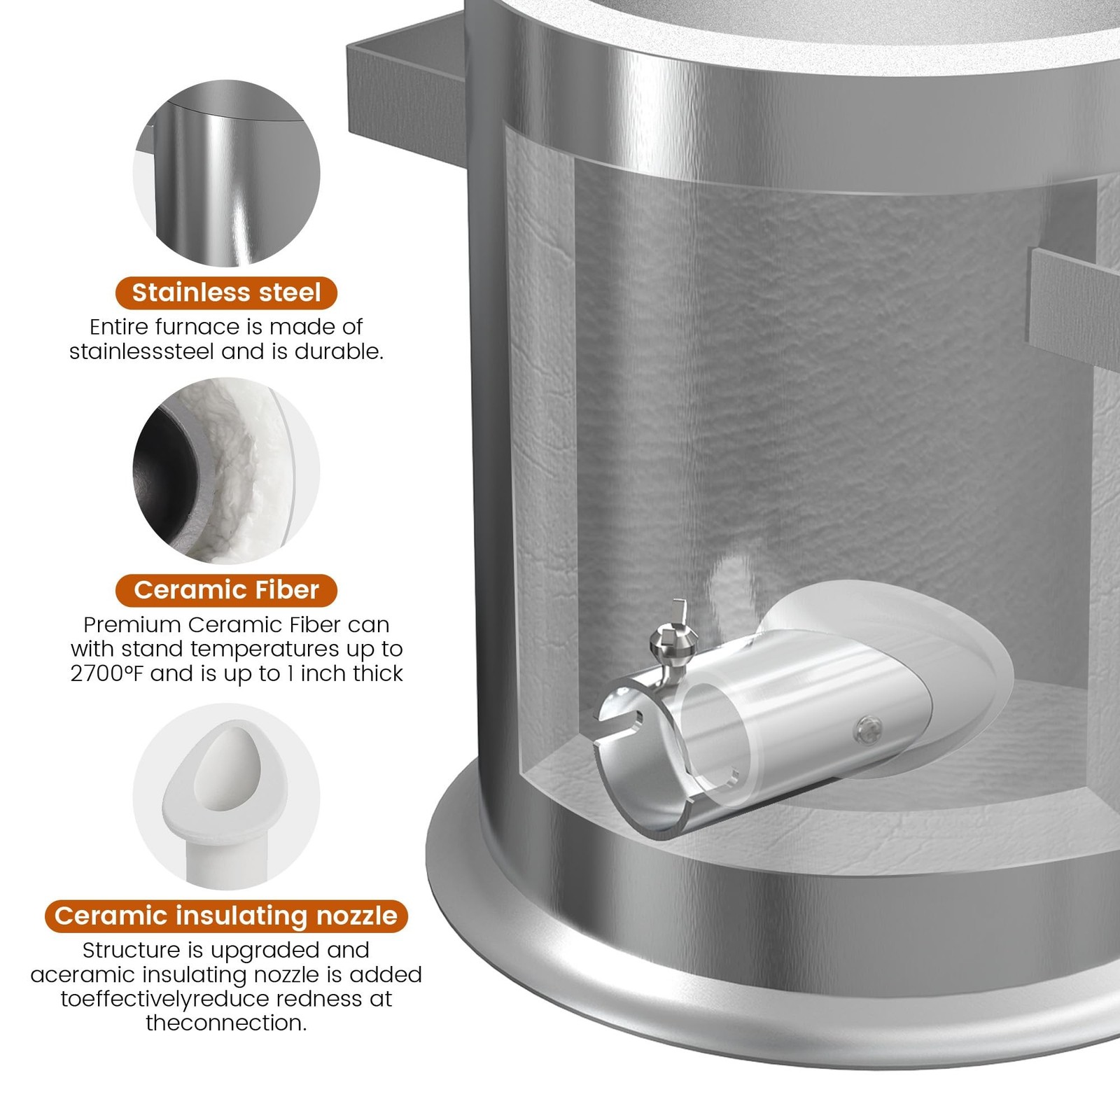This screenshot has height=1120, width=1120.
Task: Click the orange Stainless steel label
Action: coord(226,293)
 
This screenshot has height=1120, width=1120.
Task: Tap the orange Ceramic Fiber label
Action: coord(226,590)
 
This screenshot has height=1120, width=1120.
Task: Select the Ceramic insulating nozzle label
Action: coord(226,916)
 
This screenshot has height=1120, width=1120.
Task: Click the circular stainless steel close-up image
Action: coord(226,173)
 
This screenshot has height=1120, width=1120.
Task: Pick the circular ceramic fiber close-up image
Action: coord(226,470)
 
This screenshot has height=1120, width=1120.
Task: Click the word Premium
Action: coord(132,624)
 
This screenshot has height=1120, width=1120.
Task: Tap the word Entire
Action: coord(119,327)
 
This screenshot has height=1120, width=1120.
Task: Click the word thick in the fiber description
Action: coord(379,673)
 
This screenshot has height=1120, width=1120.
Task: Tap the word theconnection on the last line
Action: coord(226,1023)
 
